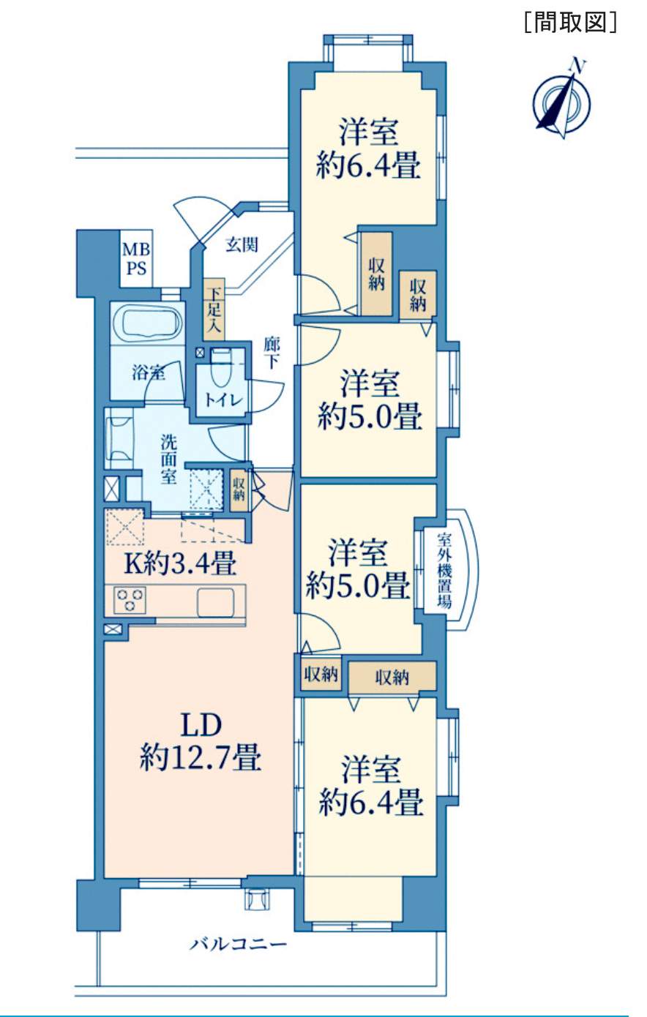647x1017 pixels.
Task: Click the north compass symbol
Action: click(562, 100)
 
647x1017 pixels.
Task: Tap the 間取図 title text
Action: click(571, 22)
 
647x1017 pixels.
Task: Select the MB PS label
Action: click(136, 259)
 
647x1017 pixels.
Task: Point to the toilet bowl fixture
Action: click(221, 367)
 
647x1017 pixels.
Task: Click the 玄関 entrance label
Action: click(242, 245)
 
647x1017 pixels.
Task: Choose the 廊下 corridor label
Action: click(272, 353)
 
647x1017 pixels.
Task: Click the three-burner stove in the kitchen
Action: click(130, 600)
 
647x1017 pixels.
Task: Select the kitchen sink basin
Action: click(216, 601)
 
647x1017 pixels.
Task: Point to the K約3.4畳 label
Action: click(181, 564)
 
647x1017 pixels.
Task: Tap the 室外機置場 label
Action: click(444, 571)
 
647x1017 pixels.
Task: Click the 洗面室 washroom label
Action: click(168, 459)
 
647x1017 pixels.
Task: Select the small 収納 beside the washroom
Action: click(239, 489)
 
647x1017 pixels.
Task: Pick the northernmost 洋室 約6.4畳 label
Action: click(368, 148)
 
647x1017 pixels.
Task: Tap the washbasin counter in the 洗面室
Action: click(119, 438)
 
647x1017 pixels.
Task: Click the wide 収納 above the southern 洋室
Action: click(392, 677)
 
